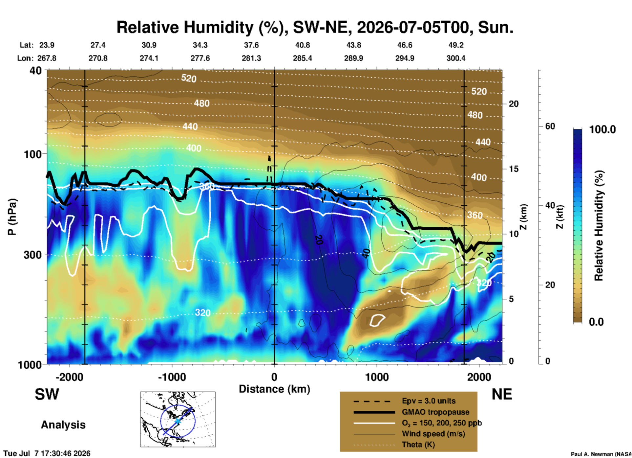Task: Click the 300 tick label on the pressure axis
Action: [x=32, y=255]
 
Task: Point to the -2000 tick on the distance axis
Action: [x=70, y=377]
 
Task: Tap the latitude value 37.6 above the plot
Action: [x=251, y=45]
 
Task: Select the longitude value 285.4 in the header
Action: [x=303, y=58]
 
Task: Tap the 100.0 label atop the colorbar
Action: [x=602, y=129]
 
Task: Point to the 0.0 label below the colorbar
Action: [x=596, y=322]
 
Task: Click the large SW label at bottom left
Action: [x=47, y=394]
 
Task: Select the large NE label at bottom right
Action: [x=502, y=394]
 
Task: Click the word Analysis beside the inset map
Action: [x=63, y=424]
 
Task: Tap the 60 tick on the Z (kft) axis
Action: [x=550, y=126]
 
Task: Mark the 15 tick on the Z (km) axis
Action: [x=514, y=169]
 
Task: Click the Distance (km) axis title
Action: [x=274, y=389]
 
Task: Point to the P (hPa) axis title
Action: [x=12, y=217]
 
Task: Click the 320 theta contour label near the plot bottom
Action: [x=203, y=312]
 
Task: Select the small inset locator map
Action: [x=178, y=419]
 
